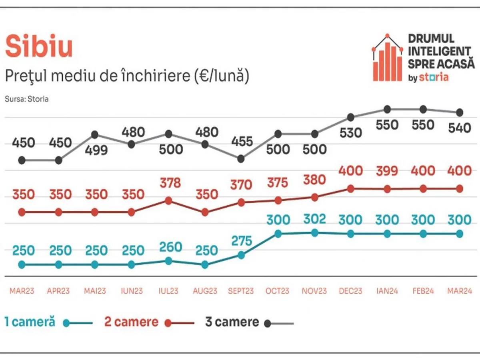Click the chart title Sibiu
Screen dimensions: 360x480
(39, 46)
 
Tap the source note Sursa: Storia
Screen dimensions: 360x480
(26, 99)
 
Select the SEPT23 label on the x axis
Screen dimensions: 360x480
(241, 291)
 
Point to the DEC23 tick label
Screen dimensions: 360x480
(350, 291)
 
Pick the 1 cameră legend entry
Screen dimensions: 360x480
(30, 322)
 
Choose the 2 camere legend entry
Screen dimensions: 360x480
(131, 322)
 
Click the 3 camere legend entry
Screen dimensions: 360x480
(232, 322)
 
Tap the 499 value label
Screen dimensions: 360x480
(95, 150)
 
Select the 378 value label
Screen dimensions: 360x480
(168, 183)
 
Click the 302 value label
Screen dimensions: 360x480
(314, 219)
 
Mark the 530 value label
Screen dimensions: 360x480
(350, 132)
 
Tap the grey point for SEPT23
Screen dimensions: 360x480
(241, 159)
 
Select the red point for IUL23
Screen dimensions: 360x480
(168, 200)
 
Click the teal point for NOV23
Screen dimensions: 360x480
(314, 232)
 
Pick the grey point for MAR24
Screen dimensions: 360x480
(460, 112)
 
